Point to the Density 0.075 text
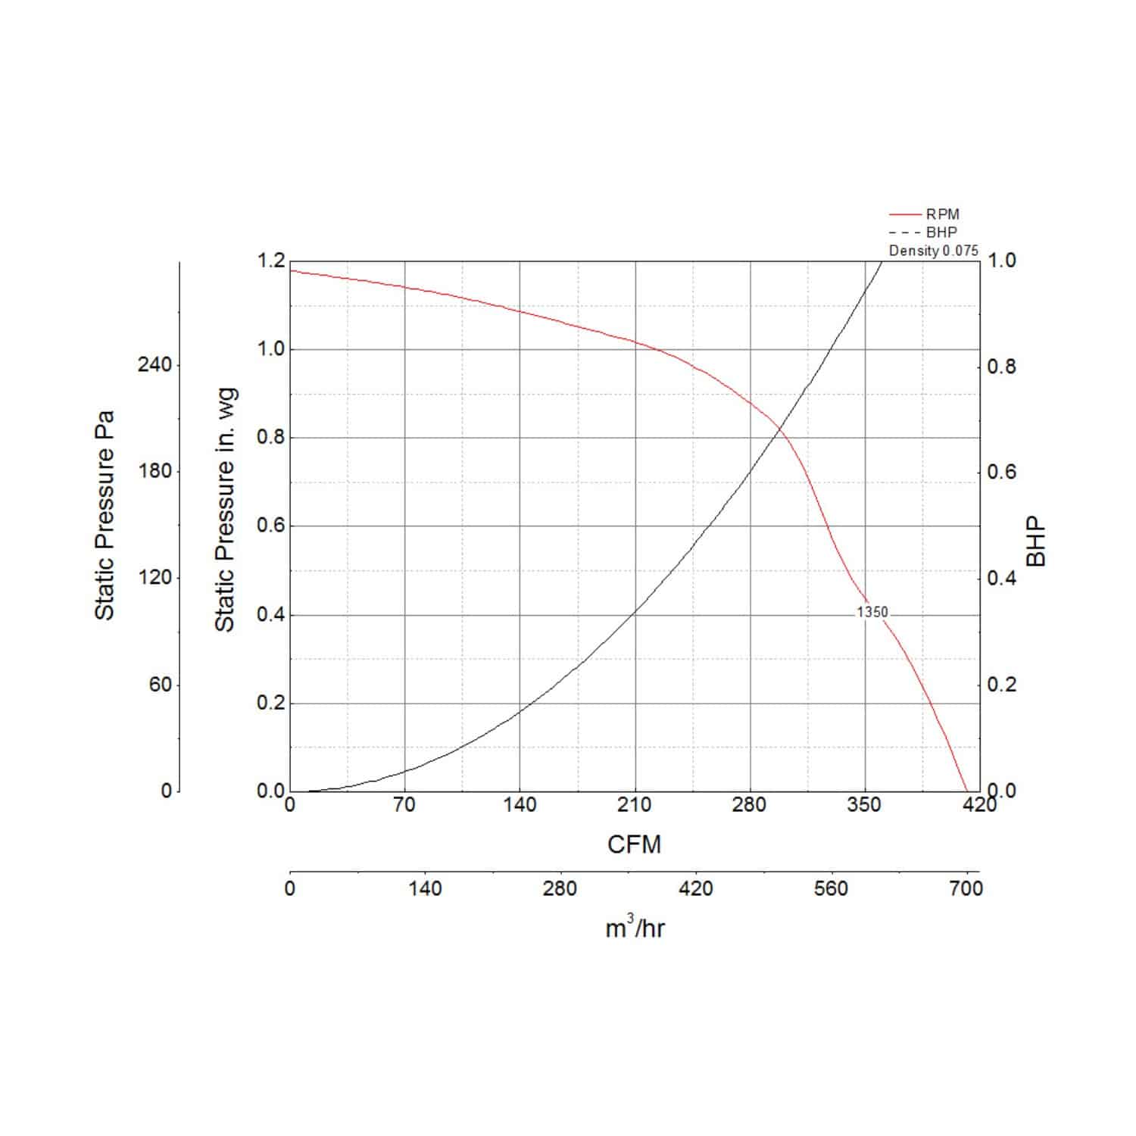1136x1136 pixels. (933, 251)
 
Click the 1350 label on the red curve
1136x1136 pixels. (872, 612)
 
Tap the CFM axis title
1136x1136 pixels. (634, 844)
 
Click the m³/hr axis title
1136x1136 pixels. (635, 928)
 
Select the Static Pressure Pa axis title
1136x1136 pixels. (105, 515)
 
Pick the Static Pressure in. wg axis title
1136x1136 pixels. (225, 510)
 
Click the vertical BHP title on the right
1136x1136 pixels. (1036, 541)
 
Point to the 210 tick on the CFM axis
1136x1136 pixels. (634, 805)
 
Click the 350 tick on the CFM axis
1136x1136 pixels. (864, 805)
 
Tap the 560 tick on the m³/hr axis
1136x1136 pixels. (831, 888)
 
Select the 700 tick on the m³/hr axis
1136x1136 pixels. (966, 888)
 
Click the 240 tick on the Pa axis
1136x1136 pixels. (154, 365)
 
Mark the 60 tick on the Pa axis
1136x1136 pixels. (161, 685)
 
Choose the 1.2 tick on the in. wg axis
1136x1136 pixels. (270, 261)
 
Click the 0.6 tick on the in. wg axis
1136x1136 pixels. (270, 526)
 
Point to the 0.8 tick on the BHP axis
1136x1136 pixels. (1001, 367)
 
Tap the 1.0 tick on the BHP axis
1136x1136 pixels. (1001, 261)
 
